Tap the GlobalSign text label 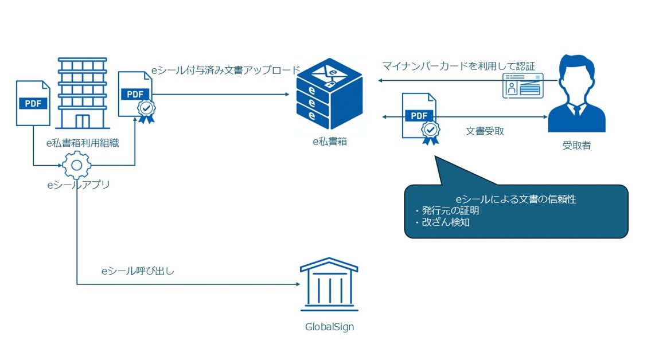[329, 327]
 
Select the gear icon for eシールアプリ [76, 166]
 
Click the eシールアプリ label [78, 185]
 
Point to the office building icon [83, 93]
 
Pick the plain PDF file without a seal [33, 103]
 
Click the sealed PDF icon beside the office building [137, 96]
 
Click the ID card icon [523, 85]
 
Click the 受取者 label [576, 146]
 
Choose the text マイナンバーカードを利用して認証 [458, 66]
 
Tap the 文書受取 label [485, 131]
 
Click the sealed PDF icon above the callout [421, 118]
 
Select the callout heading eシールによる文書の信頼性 [516, 199]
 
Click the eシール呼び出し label [138, 271]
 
